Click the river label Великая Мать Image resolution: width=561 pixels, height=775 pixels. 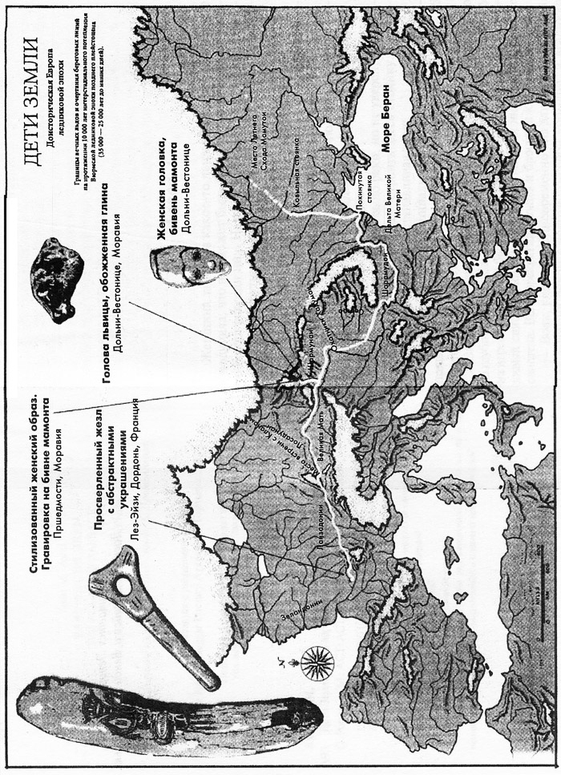click(324, 458)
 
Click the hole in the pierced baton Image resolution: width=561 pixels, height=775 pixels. click(125, 586)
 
